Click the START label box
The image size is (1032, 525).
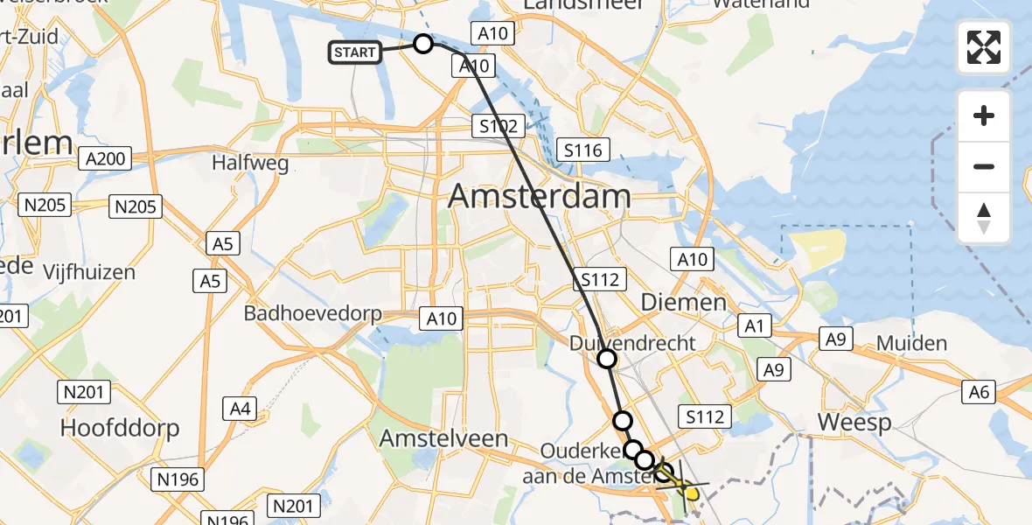354,52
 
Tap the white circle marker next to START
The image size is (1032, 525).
423,44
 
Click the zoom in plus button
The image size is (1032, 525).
984,116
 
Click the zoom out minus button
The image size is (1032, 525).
984,167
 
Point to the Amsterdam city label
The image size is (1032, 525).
540,196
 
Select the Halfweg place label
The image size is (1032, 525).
250,163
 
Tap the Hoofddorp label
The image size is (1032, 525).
120,428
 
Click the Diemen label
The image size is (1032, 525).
684,303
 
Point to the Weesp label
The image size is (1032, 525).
854,423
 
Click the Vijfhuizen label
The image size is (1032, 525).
92,272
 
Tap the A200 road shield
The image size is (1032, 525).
104,158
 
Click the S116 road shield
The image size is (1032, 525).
582,150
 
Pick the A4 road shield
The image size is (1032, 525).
240,408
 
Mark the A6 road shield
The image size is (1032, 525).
979,393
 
